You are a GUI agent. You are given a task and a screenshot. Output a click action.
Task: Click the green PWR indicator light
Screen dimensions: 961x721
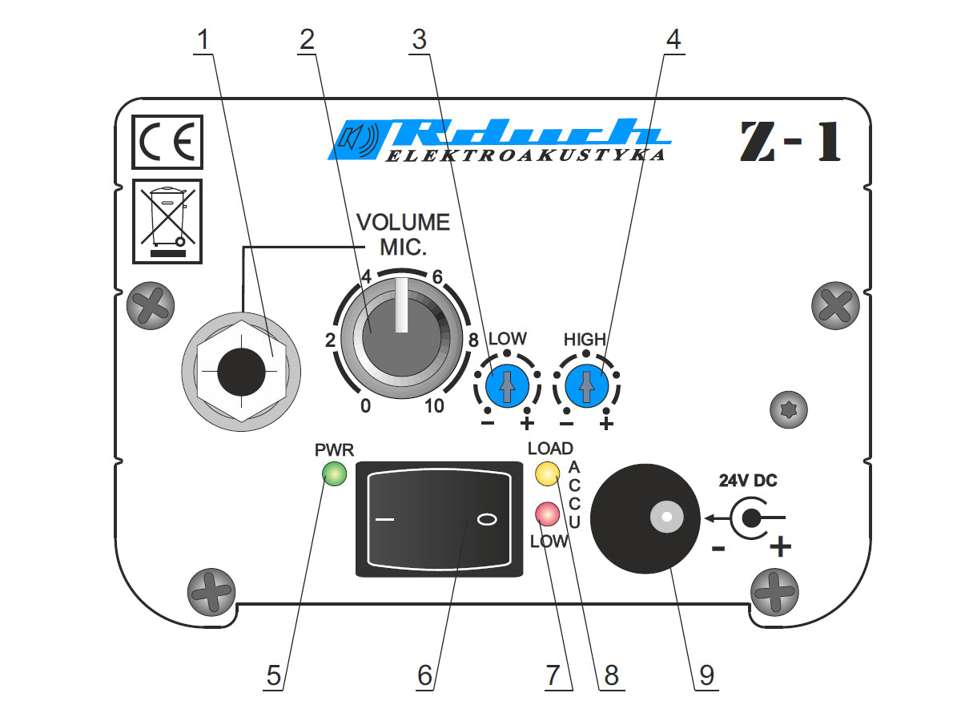334,473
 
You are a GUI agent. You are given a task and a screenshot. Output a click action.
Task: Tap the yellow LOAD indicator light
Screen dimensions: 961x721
547,473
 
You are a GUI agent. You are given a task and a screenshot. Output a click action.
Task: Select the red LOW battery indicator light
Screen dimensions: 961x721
547,514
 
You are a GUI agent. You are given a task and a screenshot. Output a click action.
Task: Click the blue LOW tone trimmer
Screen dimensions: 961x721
507,385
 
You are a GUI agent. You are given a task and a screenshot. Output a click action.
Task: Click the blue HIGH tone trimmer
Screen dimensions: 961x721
586,385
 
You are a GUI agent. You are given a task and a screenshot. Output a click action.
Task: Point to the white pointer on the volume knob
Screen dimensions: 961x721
401,304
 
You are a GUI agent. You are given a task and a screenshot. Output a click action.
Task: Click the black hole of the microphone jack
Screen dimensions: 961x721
241,372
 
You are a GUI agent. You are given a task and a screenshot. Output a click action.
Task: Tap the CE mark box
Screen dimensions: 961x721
167,142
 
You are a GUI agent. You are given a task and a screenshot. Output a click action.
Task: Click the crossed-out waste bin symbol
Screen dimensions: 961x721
167,222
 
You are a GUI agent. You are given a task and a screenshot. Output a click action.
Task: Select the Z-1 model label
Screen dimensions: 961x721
790,141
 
